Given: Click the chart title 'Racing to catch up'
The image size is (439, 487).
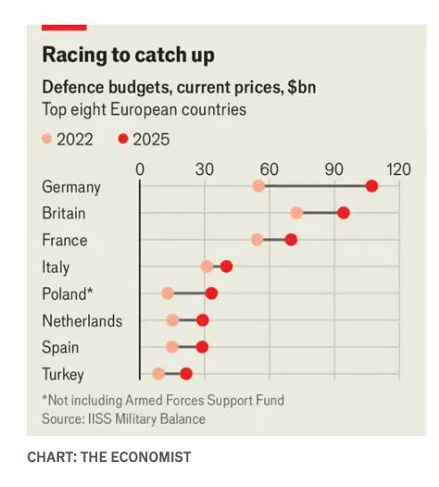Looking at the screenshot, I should click(128, 55).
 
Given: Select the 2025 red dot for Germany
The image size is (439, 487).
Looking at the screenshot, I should click(371, 186).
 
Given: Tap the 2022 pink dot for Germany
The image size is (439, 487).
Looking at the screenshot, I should click(259, 186).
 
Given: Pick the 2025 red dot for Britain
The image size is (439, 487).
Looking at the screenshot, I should click(344, 212).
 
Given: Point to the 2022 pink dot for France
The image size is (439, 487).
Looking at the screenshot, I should click(257, 239).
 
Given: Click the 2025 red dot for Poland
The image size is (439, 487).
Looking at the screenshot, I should click(211, 293).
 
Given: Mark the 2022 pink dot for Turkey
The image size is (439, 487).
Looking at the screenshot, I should click(158, 374).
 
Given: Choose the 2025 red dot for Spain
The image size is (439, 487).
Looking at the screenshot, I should click(203, 347).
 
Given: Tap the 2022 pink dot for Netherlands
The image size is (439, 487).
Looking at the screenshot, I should click(172, 320).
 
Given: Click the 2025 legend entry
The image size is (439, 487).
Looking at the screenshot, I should click(144, 139).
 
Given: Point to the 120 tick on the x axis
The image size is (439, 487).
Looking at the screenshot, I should click(398, 169).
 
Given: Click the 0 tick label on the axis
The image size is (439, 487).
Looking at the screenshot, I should click(140, 169).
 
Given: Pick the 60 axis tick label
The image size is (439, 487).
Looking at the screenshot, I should click(269, 169).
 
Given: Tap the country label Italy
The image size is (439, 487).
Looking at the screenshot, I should click(55, 267).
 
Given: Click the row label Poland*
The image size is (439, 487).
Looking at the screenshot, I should click(67, 293).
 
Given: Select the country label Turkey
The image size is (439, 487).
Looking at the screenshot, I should click(62, 375).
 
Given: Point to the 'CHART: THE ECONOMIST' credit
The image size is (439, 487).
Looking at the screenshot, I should click(109, 457).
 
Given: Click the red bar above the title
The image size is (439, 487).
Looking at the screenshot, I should click(64, 28).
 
